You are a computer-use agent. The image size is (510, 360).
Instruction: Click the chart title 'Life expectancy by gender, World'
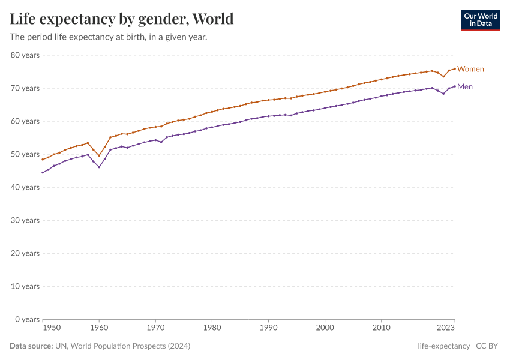point(122,19)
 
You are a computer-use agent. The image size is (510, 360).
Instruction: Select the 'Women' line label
point(470,69)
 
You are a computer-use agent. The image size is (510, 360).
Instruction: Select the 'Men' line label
point(465,86)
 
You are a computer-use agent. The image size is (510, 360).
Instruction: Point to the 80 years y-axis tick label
point(25,55)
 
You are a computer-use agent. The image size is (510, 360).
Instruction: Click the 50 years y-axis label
point(25,154)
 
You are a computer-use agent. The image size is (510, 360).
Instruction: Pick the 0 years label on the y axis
point(27,319)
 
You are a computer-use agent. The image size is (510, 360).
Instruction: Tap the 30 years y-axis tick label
point(25,220)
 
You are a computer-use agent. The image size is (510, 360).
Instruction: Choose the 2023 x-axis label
point(446,328)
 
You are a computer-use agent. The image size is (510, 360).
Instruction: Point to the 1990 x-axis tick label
point(268,328)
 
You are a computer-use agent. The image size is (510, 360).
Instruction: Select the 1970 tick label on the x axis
point(155,328)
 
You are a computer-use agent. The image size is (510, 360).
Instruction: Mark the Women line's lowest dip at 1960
point(99,155)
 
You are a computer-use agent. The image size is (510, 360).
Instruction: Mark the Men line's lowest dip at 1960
point(99,167)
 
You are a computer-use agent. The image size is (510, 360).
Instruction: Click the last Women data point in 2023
point(455,68)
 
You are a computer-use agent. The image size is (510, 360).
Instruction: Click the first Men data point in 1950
point(43,172)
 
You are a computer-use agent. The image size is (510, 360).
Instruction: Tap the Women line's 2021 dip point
point(443,76)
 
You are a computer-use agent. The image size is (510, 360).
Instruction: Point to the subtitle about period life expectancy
point(109,37)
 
